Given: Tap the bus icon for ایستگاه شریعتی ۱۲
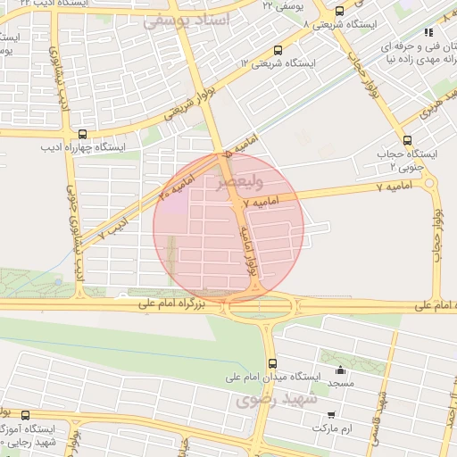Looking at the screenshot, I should (278, 51).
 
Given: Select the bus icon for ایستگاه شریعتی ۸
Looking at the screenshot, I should (339, 12).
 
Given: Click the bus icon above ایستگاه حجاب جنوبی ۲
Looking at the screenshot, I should (408, 139).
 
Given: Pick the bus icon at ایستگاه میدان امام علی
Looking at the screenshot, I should (273, 363).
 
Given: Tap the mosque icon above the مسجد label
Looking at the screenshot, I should (339, 370).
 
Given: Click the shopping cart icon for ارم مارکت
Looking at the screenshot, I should (331, 414).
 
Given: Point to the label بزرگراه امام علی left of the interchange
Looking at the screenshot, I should (170, 305).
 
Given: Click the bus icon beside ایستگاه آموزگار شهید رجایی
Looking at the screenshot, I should (25, 415).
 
